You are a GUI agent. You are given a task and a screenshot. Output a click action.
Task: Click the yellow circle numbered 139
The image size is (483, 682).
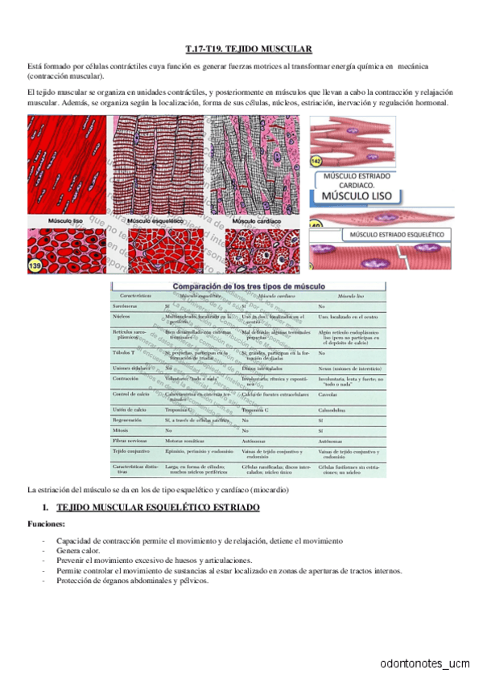click(x=37, y=265)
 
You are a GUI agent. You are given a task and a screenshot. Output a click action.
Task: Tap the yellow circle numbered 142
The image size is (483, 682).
click(x=316, y=162)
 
